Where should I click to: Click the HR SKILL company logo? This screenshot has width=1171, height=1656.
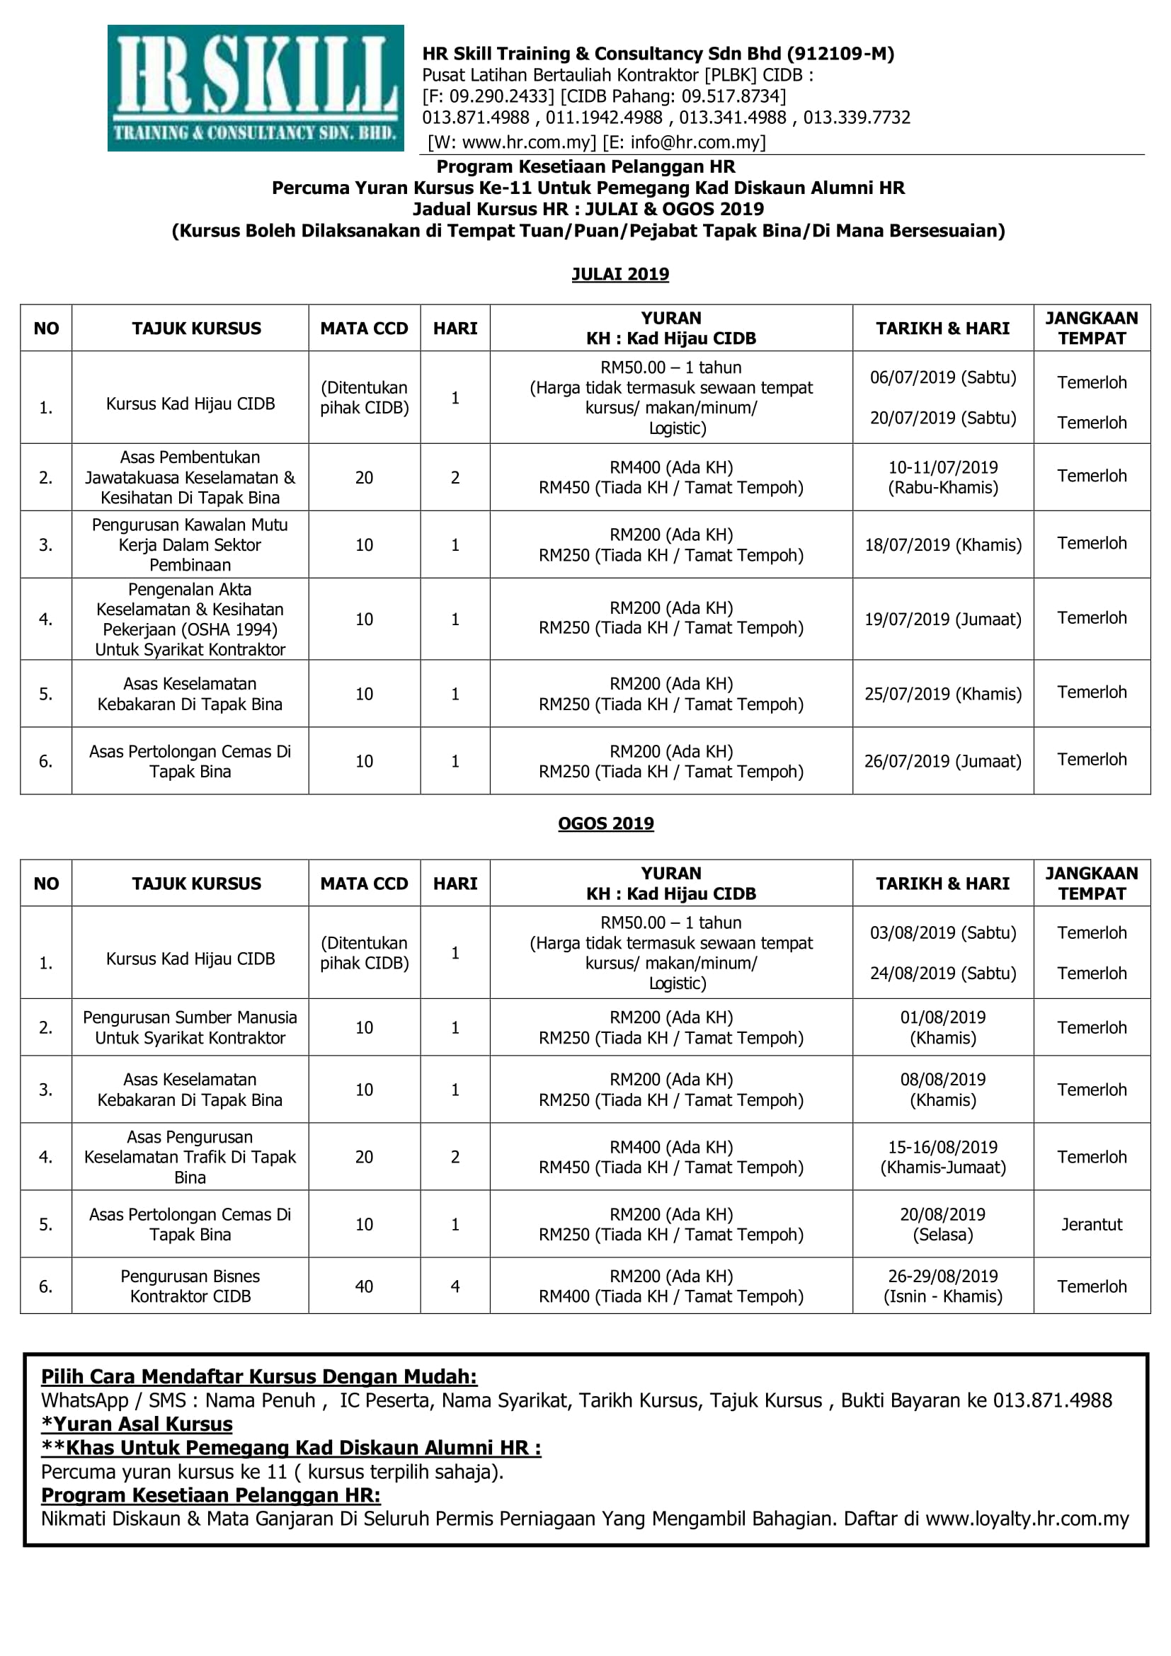[x=256, y=88]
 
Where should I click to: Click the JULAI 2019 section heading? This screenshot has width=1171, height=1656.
[x=620, y=274]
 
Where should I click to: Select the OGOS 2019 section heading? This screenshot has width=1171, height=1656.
[x=606, y=823]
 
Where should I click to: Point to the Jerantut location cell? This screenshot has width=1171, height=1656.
[x=1091, y=1224]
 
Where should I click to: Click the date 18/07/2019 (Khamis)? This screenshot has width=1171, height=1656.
[x=942, y=544]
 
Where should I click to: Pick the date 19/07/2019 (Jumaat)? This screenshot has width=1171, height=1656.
[x=942, y=619]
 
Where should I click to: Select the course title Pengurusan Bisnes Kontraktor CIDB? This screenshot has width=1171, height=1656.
[x=190, y=1286]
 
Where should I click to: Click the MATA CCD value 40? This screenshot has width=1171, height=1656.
[x=364, y=1286]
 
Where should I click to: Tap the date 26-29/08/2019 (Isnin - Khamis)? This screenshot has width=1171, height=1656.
[x=942, y=1286]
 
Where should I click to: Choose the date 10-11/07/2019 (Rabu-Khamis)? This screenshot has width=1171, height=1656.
[x=942, y=476]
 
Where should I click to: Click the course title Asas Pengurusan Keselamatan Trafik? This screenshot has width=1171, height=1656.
[x=190, y=1157]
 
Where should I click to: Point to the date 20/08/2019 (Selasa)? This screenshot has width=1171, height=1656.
[x=942, y=1224]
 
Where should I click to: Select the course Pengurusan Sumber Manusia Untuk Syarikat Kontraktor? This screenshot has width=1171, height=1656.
[x=190, y=1027]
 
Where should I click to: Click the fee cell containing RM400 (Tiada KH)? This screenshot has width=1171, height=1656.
[x=670, y=1296]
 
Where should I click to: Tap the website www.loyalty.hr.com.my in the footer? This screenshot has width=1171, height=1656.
[x=1027, y=1519]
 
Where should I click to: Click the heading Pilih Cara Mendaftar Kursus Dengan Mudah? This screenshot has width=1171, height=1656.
[x=259, y=1376]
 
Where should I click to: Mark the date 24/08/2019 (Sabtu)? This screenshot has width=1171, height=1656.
[x=942, y=973]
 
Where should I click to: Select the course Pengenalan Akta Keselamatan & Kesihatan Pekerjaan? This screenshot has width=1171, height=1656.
[x=190, y=619]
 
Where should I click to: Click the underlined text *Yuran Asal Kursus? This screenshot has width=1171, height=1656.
[x=137, y=1424]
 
